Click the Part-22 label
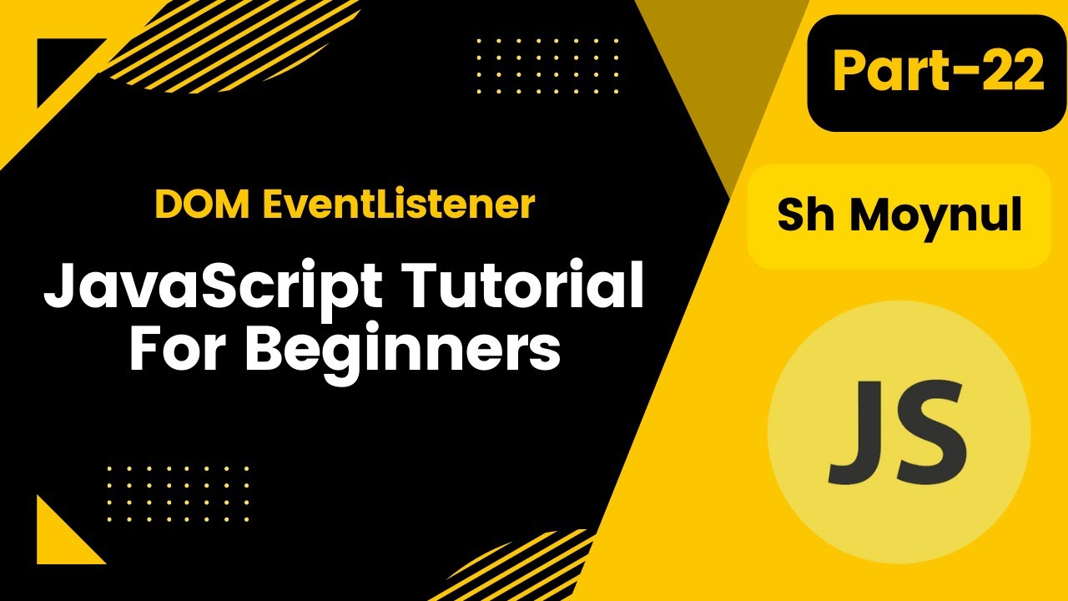tap(937, 72)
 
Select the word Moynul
tap(936, 216)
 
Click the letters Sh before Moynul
tap(806, 216)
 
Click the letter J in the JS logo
tap(856, 432)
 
